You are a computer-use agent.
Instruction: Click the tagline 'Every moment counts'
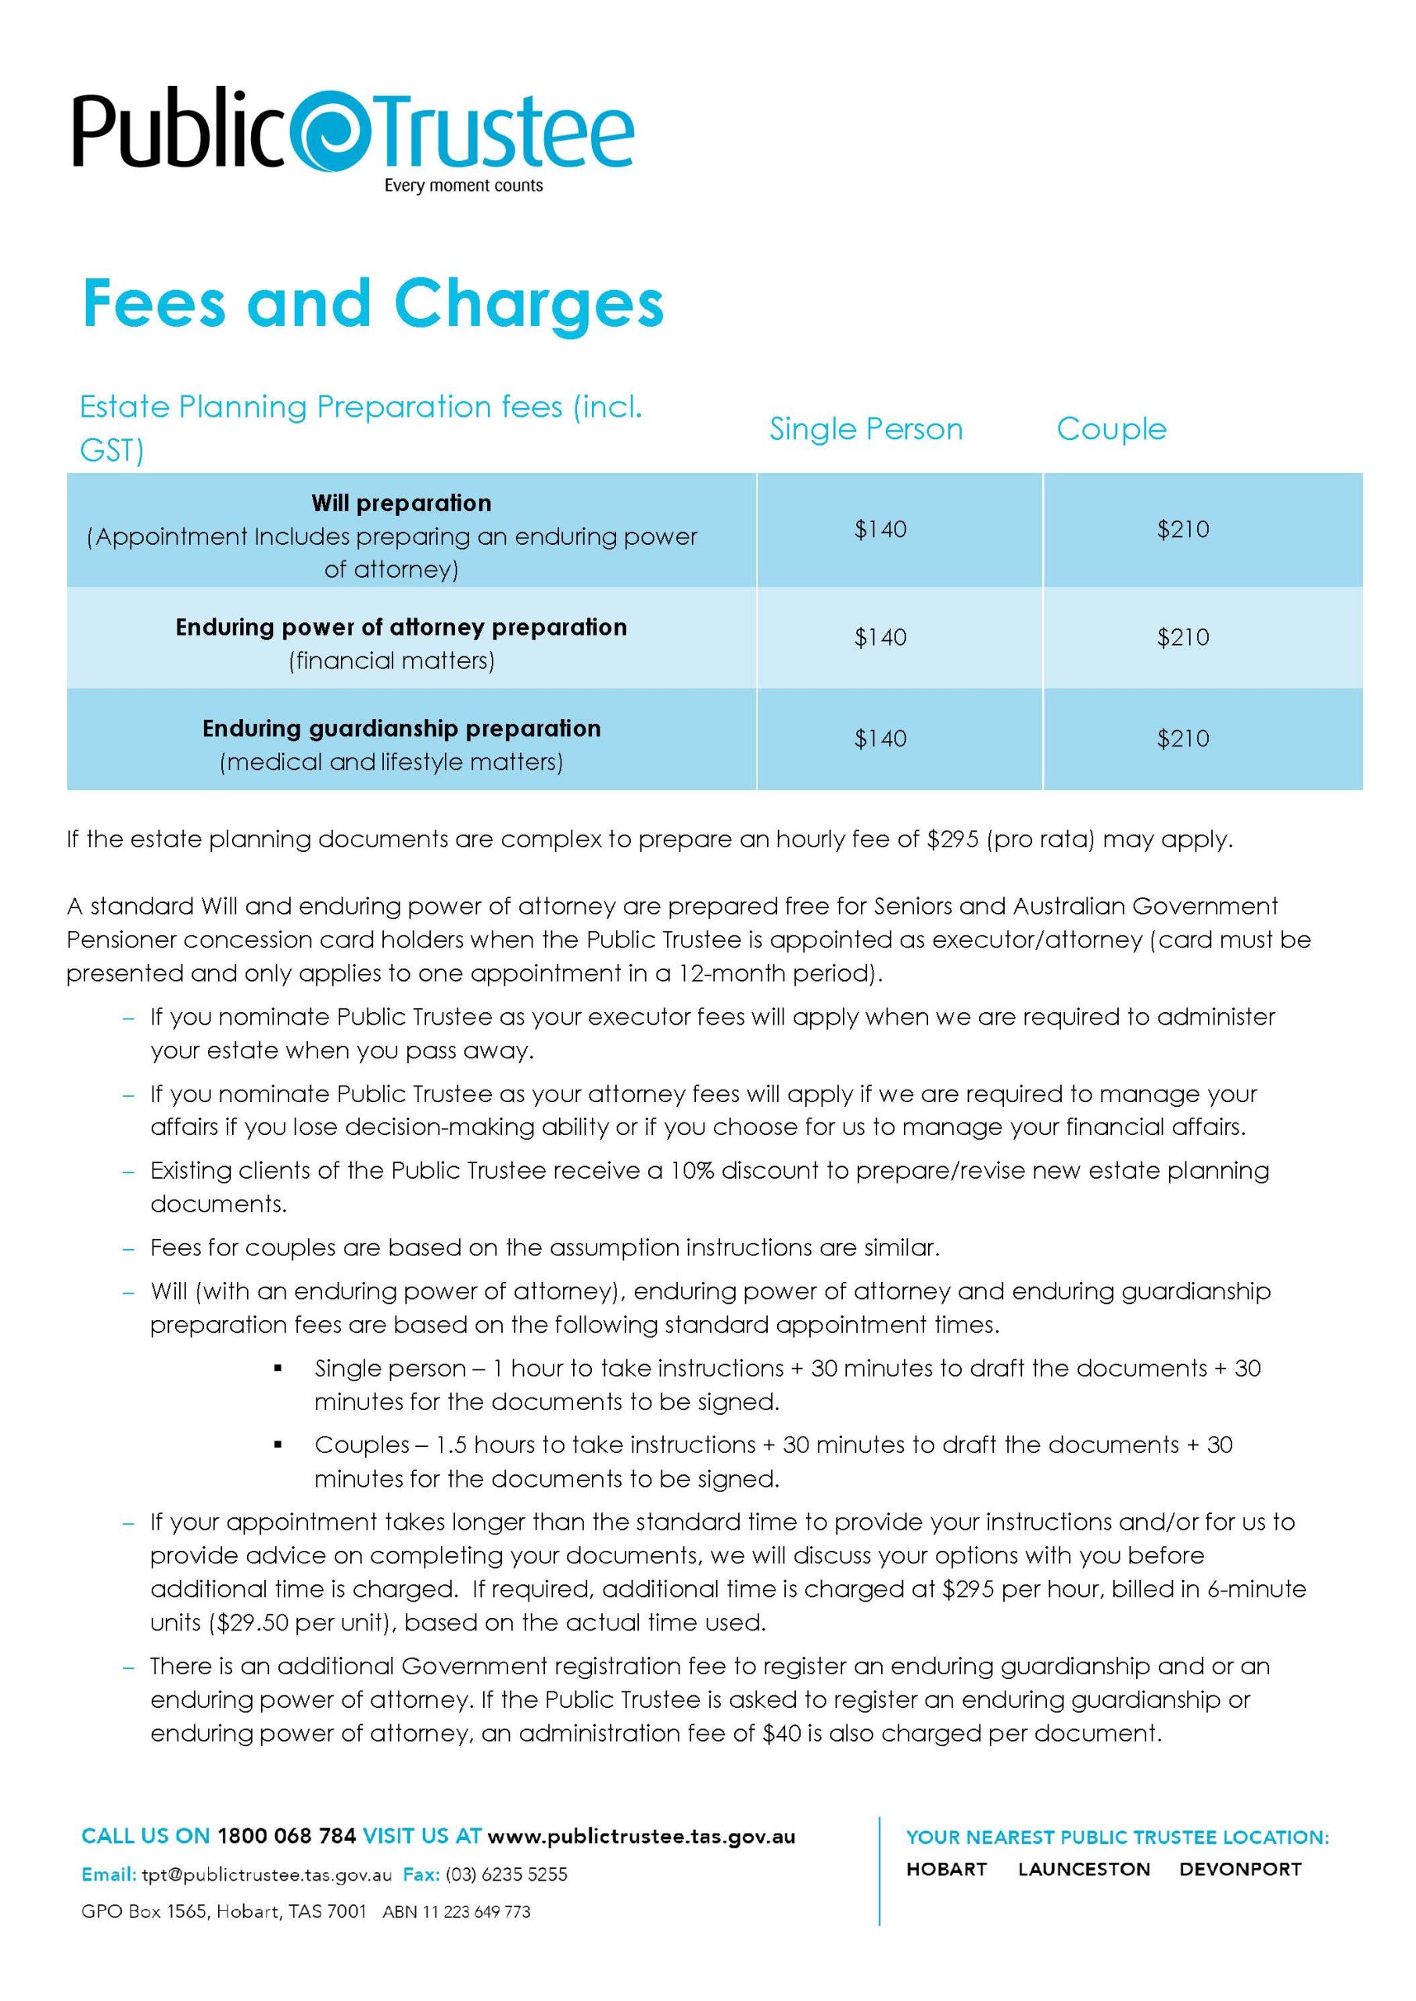click(x=463, y=185)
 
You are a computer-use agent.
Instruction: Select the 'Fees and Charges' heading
click(x=373, y=303)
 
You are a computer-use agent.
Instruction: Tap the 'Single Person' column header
click(x=866, y=429)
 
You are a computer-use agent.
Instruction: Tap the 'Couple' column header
click(x=1111, y=429)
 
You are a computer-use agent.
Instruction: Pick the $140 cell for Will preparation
click(x=880, y=530)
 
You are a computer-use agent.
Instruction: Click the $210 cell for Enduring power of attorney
click(x=1182, y=637)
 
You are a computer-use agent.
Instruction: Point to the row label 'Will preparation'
click(x=401, y=503)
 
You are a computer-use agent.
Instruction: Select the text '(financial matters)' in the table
click(x=392, y=660)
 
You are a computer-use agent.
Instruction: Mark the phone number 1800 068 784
click(x=286, y=1836)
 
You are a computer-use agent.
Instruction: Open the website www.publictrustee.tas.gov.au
click(x=641, y=1836)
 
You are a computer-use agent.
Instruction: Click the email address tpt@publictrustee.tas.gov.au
click(x=266, y=1874)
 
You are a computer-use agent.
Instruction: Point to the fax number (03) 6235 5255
click(x=506, y=1874)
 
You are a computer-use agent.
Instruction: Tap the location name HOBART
click(x=946, y=1870)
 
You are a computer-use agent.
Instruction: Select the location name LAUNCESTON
click(x=1084, y=1870)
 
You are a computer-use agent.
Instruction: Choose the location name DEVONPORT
click(x=1240, y=1870)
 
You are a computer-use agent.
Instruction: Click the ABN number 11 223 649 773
click(x=476, y=1912)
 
